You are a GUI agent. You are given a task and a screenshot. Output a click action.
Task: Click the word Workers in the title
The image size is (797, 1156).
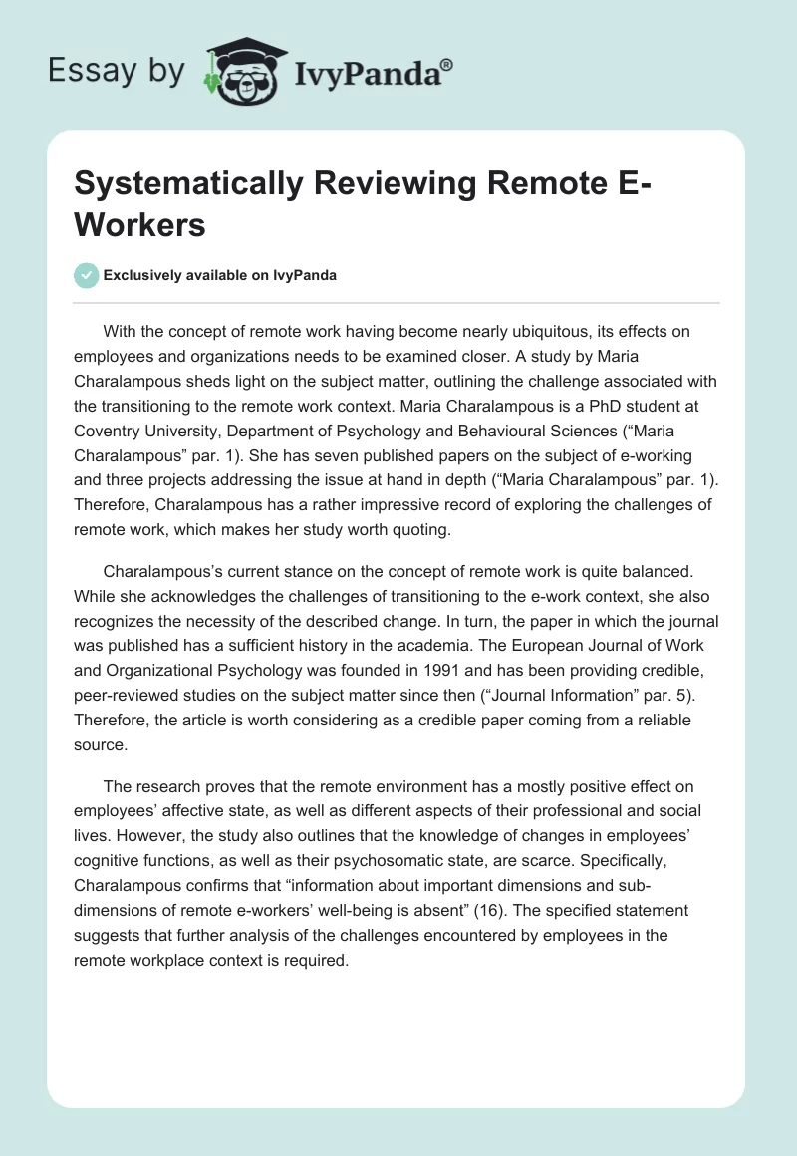tap(140, 224)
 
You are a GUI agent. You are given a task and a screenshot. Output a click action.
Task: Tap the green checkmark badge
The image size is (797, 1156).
tap(87, 276)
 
